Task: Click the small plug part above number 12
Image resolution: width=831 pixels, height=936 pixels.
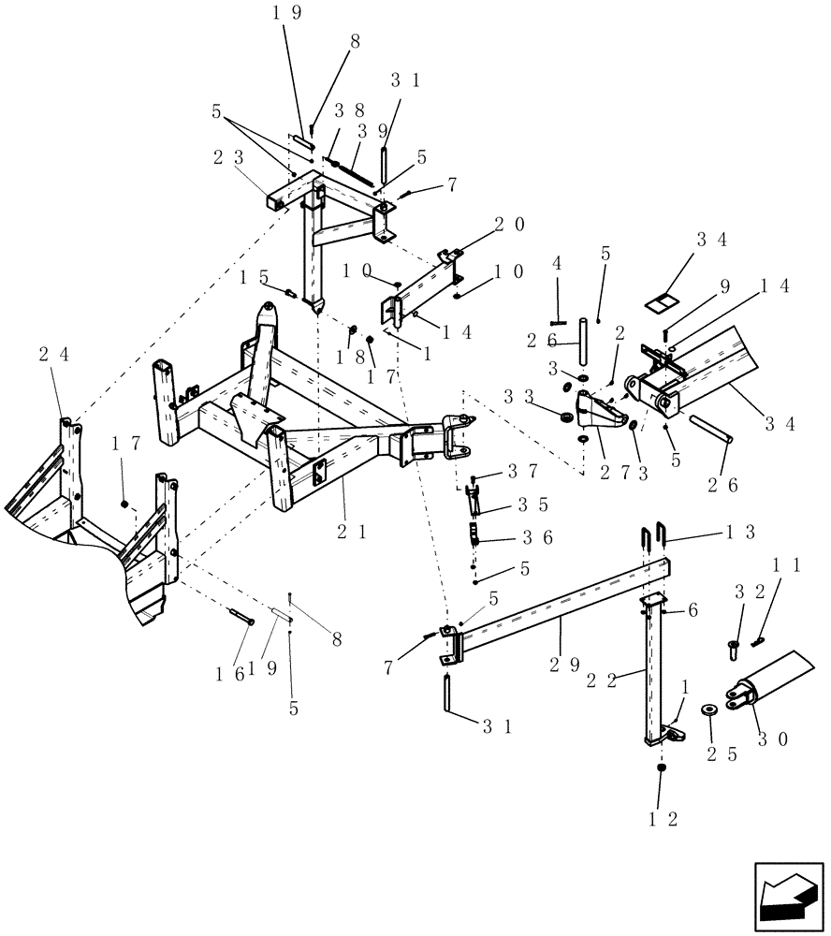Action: pos(662,768)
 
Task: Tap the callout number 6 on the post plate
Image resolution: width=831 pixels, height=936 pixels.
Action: pos(692,609)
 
